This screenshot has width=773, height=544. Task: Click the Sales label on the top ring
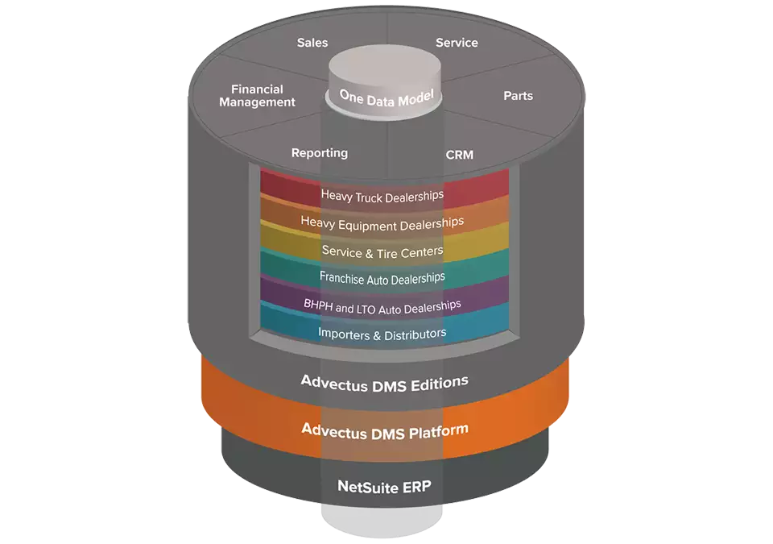tap(312, 43)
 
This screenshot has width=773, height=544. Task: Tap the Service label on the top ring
tap(457, 43)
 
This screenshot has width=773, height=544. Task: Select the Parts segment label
tap(519, 96)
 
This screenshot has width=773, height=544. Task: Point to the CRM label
tap(460, 154)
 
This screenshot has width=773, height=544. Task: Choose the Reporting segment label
tap(320, 153)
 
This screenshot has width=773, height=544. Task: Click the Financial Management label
tap(258, 96)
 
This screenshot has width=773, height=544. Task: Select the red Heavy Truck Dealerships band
tap(382, 196)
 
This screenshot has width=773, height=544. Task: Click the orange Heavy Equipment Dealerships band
tap(382, 222)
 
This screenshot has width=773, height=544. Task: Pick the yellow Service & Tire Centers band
tap(382, 251)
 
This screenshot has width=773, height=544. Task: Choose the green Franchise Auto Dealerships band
tap(382, 277)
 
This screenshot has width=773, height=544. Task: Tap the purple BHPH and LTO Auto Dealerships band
tap(382, 305)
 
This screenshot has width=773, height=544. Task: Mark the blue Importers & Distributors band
tap(382, 333)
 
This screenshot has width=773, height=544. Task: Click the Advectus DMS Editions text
tap(384, 381)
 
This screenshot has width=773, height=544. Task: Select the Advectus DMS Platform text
tap(385, 429)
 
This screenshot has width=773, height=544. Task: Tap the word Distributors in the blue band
tap(415, 333)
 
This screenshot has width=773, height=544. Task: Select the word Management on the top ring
tap(258, 102)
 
